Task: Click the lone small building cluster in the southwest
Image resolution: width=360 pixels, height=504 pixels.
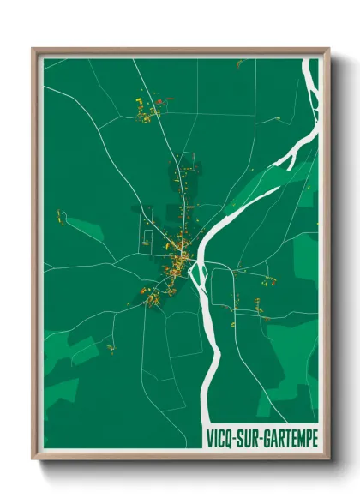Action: click(x=110, y=347)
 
